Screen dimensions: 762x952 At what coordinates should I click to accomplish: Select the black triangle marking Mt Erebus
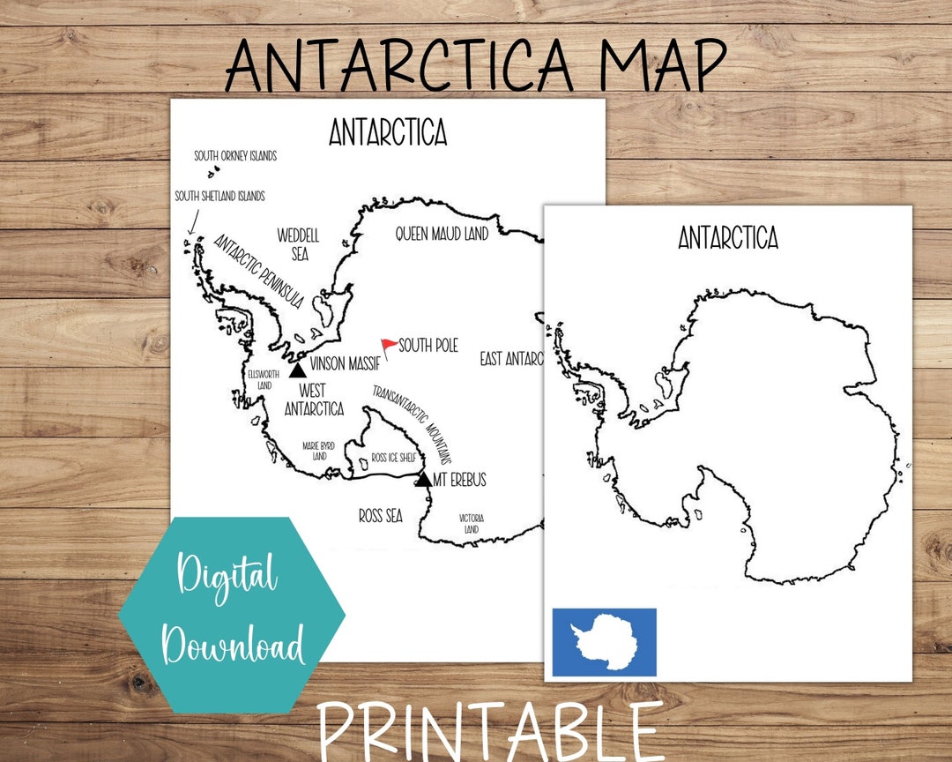(424, 479)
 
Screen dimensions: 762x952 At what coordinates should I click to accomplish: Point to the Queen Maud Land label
(441, 234)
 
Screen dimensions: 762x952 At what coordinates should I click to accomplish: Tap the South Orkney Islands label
(235, 156)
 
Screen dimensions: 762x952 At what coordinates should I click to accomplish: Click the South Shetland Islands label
(219, 196)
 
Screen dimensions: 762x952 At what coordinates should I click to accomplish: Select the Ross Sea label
(381, 515)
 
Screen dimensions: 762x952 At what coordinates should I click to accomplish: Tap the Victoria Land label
(472, 523)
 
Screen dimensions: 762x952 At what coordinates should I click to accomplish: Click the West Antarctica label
(313, 400)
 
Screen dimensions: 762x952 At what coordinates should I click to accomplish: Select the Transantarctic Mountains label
(411, 423)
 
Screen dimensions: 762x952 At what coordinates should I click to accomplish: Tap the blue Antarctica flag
(604, 642)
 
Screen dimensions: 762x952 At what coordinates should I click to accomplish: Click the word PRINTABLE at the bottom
(490, 730)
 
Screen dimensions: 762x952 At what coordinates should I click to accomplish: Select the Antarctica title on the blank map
(728, 238)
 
